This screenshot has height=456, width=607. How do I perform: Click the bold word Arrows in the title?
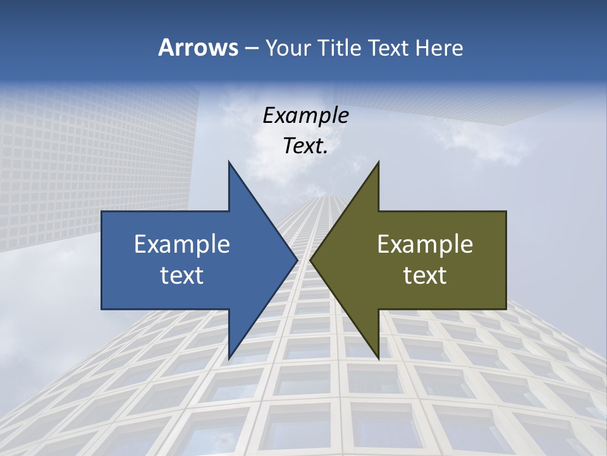[197, 47]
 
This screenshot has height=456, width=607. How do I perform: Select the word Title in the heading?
[341, 47]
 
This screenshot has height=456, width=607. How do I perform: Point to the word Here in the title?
[439, 47]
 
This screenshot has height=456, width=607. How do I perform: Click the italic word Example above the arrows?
[306, 116]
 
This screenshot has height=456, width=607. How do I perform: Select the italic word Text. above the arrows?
[305, 146]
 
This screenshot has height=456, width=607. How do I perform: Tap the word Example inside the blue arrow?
[182, 244]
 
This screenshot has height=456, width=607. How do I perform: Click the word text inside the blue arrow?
[182, 275]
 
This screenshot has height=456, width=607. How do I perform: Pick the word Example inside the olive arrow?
[425, 244]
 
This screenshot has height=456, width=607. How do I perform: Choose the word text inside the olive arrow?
[425, 275]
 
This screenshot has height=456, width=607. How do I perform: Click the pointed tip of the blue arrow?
[298, 260]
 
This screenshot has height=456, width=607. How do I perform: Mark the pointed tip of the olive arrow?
[310, 260]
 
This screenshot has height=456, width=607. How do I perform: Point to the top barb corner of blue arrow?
[229, 161]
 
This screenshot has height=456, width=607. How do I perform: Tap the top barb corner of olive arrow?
[379, 161]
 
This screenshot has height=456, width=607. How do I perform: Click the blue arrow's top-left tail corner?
[102, 212]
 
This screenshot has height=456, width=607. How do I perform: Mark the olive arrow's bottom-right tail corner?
[506, 309]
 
